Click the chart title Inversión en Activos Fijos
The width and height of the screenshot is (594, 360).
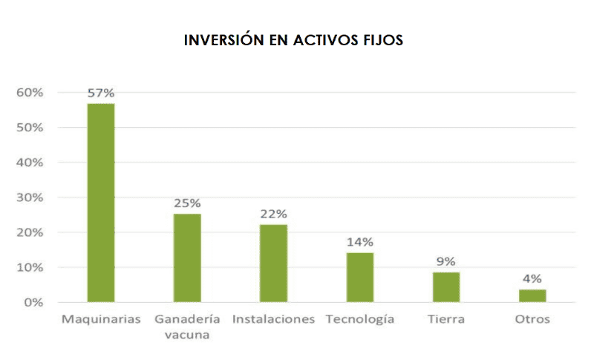click(x=293, y=40)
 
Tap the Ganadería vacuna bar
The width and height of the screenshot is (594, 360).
click(x=187, y=258)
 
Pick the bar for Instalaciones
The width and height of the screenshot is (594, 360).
click(x=273, y=263)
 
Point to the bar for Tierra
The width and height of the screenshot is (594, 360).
click(x=446, y=287)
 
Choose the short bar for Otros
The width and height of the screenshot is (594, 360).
click(x=532, y=295)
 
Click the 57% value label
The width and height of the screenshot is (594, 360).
click(x=101, y=94)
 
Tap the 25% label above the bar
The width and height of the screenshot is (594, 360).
click(x=187, y=203)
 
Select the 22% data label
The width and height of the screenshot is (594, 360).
click(x=273, y=214)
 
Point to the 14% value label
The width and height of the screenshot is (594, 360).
click(x=360, y=242)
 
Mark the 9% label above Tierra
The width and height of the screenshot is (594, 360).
click(x=446, y=261)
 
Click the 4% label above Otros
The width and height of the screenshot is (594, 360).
click(x=532, y=279)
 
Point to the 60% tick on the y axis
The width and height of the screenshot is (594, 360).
click(x=31, y=93)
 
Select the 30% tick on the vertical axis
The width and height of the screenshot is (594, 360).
click(x=31, y=197)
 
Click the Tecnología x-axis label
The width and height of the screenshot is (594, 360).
click(x=360, y=320)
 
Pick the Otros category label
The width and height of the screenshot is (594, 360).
click(x=532, y=320)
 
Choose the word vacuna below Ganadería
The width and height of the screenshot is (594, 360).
click(x=187, y=335)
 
